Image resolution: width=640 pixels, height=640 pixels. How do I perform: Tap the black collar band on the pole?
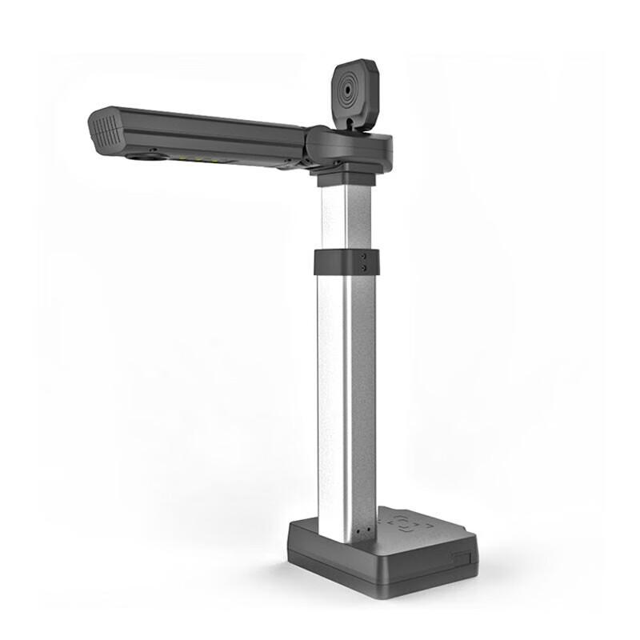346,262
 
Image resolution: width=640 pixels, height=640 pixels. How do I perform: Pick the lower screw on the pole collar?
364,268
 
